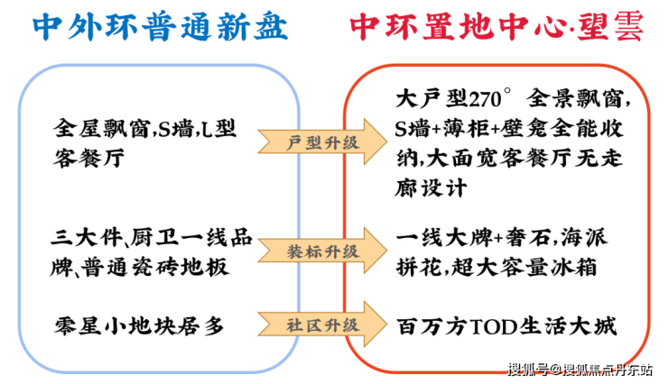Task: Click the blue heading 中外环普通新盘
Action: pyautogui.click(x=160, y=26)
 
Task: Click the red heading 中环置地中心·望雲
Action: pyautogui.click(x=496, y=26)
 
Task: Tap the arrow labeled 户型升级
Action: pyautogui.click(x=322, y=142)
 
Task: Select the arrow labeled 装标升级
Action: pyautogui.click(x=322, y=251)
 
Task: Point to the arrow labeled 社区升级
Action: pyautogui.click(x=322, y=325)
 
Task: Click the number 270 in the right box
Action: pyautogui.click(x=485, y=99)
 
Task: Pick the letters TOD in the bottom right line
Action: pyautogui.click(x=493, y=326)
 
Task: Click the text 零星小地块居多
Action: pyautogui.click(x=139, y=326)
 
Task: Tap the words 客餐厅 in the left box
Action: pyautogui.click(x=88, y=158)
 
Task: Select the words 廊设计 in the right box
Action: pyautogui.click(x=431, y=187)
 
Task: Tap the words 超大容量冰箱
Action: pyautogui.click(x=524, y=268)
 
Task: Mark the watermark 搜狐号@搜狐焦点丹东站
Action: pyautogui.click(x=580, y=370)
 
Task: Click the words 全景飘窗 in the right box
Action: pyautogui.click(x=575, y=98)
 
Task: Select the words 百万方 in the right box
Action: pyautogui.click(x=432, y=326)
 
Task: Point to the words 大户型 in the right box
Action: pyautogui.click(x=431, y=98)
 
